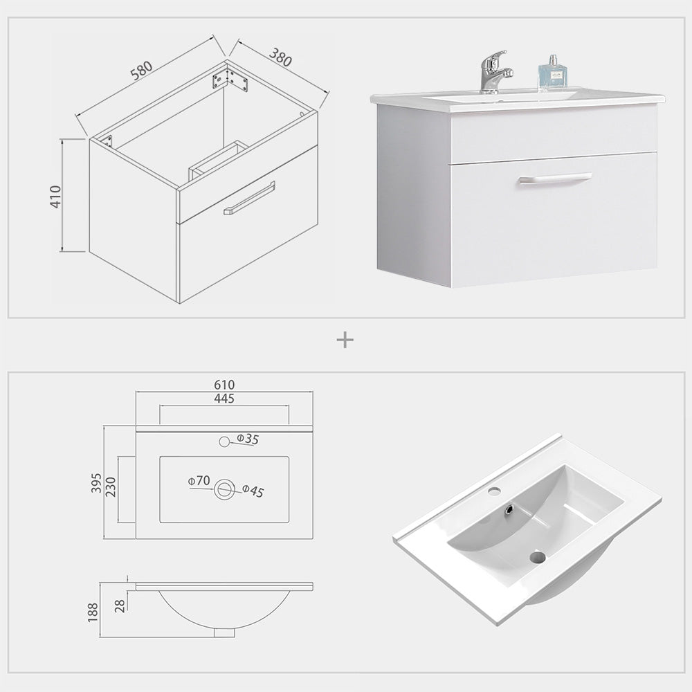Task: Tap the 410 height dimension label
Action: [56, 197]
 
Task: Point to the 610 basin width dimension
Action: [224, 385]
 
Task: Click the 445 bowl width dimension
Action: [224, 399]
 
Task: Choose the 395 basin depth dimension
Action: [96, 482]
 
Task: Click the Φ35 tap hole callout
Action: [247, 439]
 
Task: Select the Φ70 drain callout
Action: [199, 480]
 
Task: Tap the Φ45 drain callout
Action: [253, 491]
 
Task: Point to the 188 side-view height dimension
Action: [93, 612]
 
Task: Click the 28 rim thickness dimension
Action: [120, 606]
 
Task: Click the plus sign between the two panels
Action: [345, 340]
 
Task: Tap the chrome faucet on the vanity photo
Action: [495, 73]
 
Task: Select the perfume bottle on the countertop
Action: [553, 73]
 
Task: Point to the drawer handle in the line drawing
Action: [249, 198]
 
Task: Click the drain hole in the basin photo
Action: [537, 556]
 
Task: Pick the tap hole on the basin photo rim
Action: [494, 491]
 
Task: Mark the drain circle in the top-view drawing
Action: [224, 489]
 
